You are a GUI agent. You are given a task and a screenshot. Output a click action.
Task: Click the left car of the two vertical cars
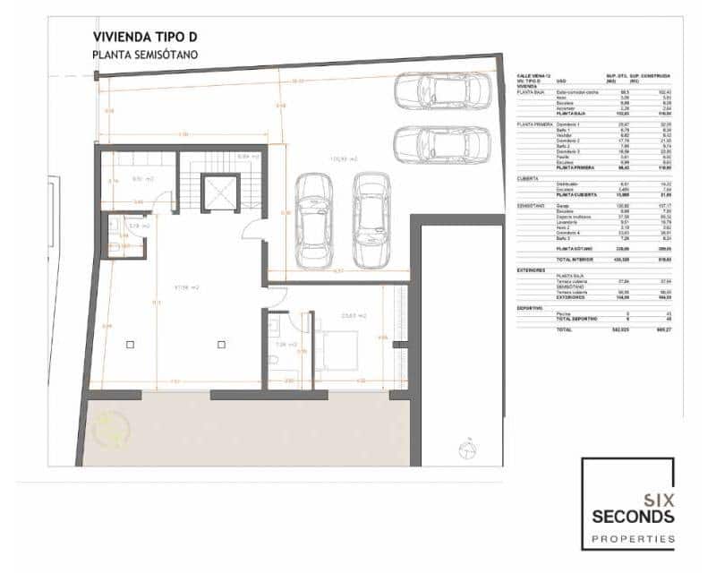pyautogui.click(x=314, y=212)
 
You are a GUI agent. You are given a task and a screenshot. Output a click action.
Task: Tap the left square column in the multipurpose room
pyautogui.click(x=131, y=344)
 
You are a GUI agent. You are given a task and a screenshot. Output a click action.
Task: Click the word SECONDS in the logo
pyautogui.click(x=633, y=517)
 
